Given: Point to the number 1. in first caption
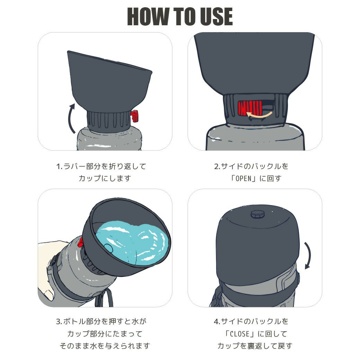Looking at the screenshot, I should click(59, 166).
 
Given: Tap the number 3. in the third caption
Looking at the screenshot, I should click(59, 322).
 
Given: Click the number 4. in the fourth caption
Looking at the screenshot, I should click(217, 322).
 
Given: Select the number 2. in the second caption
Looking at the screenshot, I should click(217, 166).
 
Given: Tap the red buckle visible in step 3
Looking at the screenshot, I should click(81, 242).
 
